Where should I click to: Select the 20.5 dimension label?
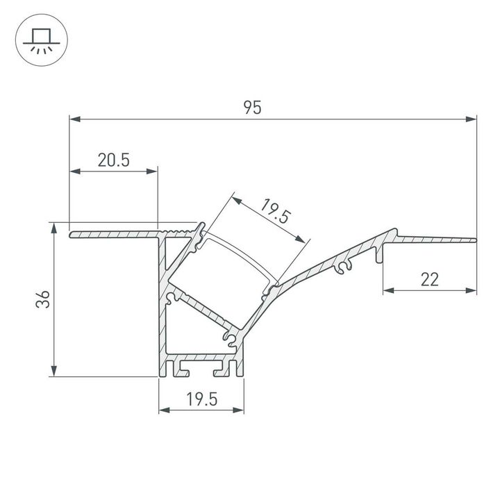(113, 160)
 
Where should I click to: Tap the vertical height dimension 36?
(42, 300)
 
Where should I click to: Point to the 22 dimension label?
(430, 279)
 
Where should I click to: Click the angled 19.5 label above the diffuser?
(274, 210)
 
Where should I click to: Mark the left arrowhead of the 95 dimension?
(74, 119)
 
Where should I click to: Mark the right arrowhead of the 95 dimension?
(472, 119)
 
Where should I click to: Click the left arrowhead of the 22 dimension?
(387, 290)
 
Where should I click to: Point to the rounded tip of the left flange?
(71, 235)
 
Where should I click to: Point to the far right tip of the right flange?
(475, 240)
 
